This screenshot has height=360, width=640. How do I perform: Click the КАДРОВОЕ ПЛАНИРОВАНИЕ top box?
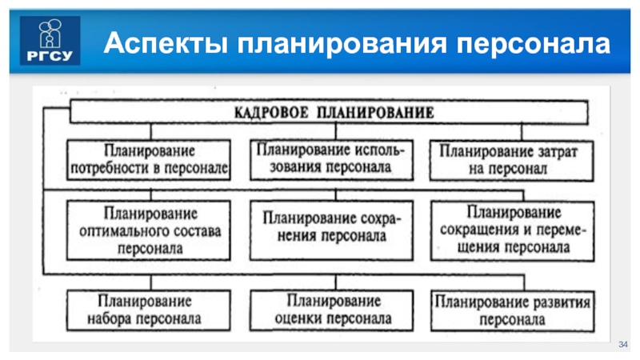click(x=334, y=112)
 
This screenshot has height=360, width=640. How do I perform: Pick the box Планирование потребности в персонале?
click(x=150, y=159)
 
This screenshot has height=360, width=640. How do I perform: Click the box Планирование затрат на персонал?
click(x=514, y=159)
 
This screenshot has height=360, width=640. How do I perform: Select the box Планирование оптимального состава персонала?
click(x=150, y=230)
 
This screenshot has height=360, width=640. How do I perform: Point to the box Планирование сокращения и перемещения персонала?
click(x=514, y=229)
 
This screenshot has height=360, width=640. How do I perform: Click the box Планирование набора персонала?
click(x=150, y=310)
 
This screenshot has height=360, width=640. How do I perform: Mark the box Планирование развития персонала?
click(x=514, y=310)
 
